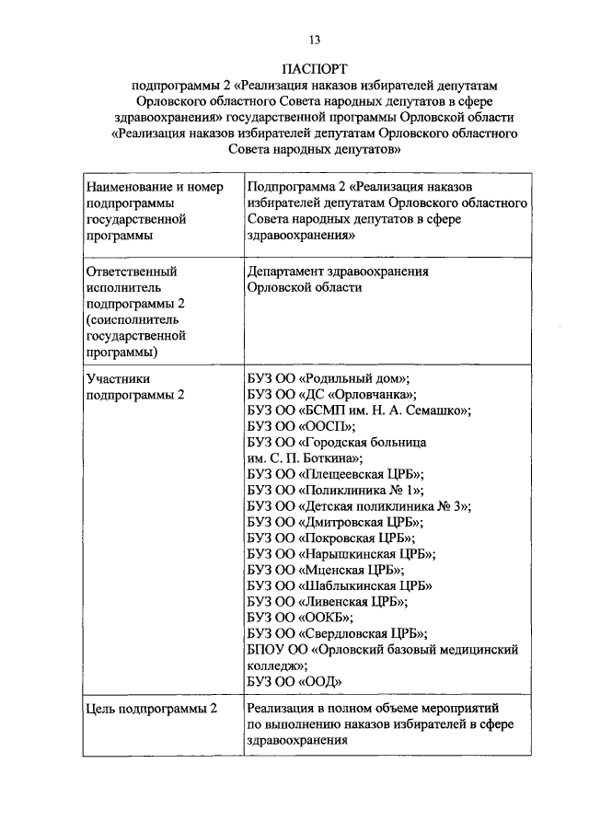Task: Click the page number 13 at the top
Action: tap(315, 38)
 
